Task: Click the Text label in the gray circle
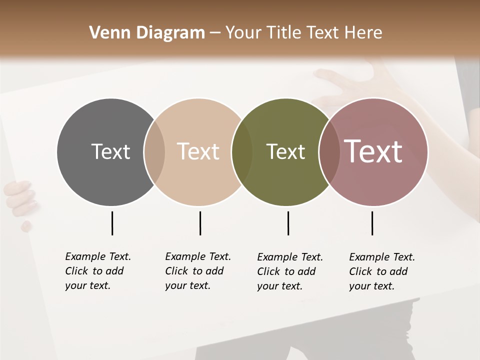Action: point(110,151)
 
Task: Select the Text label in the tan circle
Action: point(198,151)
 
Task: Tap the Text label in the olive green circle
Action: point(285,151)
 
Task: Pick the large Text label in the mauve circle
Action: point(373,151)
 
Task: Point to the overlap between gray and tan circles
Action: point(154,151)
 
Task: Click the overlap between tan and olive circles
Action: point(242,151)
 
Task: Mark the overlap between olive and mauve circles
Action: point(329,151)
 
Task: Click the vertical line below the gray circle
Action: point(112,223)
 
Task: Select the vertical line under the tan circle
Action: point(200,223)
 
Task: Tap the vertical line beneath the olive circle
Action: point(288,223)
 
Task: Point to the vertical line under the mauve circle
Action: point(372,223)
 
